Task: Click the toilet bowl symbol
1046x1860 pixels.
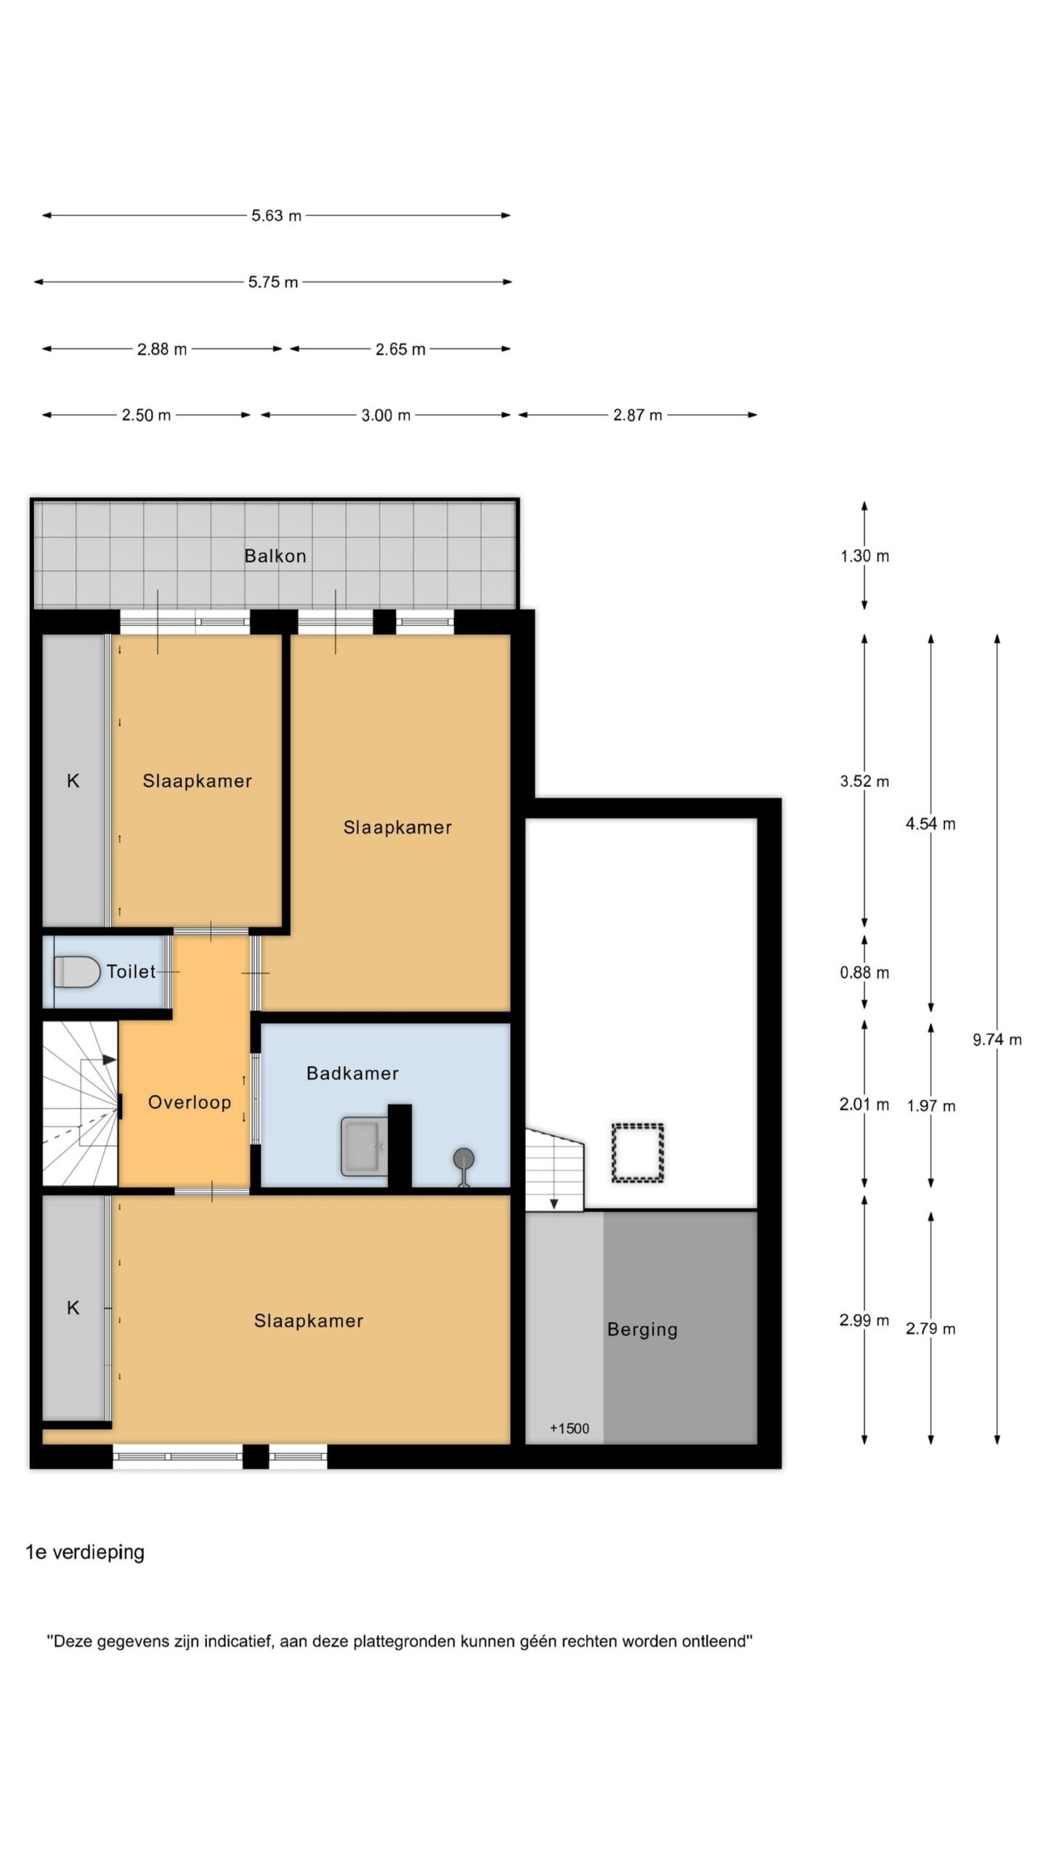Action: point(77,972)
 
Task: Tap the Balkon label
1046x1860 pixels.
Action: point(275,556)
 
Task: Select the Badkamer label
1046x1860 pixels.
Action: point(352,1073)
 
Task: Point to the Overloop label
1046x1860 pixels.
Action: point(190,1102)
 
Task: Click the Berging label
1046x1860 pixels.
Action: point(642,1330)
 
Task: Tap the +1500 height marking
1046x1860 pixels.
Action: point(569,1428)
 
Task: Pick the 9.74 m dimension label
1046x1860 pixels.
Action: point(997,1040)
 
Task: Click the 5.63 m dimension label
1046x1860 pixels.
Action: point(276,216)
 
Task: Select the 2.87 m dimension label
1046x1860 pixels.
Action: point(638,415)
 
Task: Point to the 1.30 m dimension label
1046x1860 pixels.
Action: point(864,557)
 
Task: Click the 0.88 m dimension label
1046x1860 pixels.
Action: point(864,973)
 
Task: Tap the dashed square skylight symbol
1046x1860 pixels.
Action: point(637,1153)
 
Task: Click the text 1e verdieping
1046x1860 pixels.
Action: point(85,1552)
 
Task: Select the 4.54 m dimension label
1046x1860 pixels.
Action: point(931,824)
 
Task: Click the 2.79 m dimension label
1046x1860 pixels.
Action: point(931,1329)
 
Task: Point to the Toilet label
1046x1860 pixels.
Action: point(131,971)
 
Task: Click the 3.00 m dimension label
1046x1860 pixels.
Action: point(386,416)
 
